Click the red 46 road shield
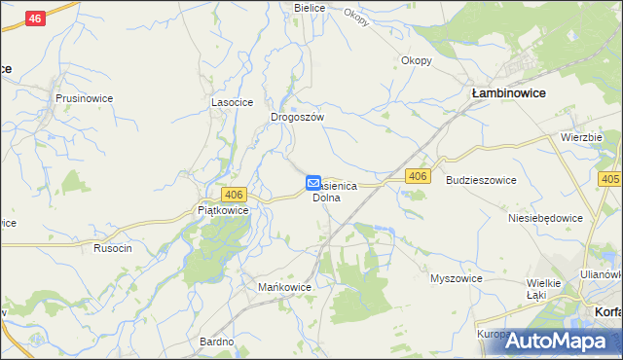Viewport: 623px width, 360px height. (x=36, y=18)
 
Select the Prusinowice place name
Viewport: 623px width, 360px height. (x=86, y=98)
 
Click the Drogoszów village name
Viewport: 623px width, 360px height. (x=297, y=117)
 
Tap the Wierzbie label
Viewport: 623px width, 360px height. (x=581, y=138)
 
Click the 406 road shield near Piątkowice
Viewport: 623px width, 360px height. (x=233, y=195)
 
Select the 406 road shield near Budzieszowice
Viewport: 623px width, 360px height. (x=418, y=175)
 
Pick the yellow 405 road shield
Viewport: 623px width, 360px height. (x=610, y=180)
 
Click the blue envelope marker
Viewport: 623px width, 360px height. (x=313, y=182)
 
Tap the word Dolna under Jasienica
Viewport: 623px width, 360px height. (x=326, y=198)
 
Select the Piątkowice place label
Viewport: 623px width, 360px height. (x=223, y=210)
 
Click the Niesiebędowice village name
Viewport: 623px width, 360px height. (x=545, y=219)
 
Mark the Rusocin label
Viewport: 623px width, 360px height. (x=112, y=248)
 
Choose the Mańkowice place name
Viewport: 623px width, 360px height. (x=283, y=288)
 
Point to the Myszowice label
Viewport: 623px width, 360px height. (x=457, y=278)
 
